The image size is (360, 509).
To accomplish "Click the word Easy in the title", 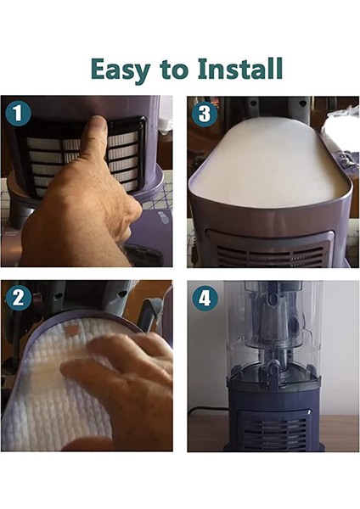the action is click(x=121, y=70).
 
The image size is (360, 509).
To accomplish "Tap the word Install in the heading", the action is click(x=239, y=68).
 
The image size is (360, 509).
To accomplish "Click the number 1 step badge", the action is click(x=18, y=114).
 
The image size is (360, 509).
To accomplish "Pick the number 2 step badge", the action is click(x=18, y=298).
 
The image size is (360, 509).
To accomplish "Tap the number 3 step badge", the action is click(x=205, y=114).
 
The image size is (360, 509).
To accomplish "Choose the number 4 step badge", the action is click(x=205, y=298).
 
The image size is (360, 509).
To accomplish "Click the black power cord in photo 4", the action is click(x=208, y=411).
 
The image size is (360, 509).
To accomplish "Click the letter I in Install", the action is click(x=204, y=69).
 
